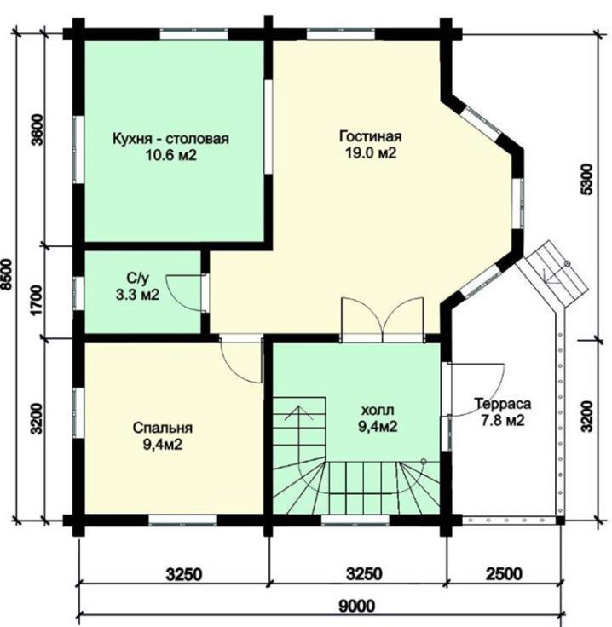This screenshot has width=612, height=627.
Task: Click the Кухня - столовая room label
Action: pyautogui.click(x=170, y=139)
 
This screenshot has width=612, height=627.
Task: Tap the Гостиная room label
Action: pyautogui.click(x=371, y=136)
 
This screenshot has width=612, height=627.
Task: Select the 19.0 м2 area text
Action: pyautogui.click(x=371, y=153)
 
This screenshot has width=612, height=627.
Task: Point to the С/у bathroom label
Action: pyautogui.click(x=137, y=278)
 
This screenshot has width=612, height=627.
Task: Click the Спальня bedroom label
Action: pyautogui.click(x=163, y=428)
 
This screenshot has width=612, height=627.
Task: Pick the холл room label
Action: pyautogui.click(x=378, y=411)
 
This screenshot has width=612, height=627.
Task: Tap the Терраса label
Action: pyautogui.click(x=503, y=404)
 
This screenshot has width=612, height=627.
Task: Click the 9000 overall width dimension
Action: pyautogui.click(x=357, y=606)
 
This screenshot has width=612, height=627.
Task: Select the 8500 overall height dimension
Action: pyautogui.click(x=7, y=274)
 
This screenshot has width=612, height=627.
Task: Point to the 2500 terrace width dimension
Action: pyautogui.click(x=504, y=574)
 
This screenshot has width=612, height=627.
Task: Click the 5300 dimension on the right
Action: pyautogui.click(x=586, y=179)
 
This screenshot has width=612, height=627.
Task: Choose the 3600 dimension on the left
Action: pyautogui.click(x=37, y=130)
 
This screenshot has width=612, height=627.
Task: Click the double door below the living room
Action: pyautogui.click(x=382, y=320)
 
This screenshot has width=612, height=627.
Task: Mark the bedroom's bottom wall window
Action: pyautogui.click(x=182, y=521)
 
